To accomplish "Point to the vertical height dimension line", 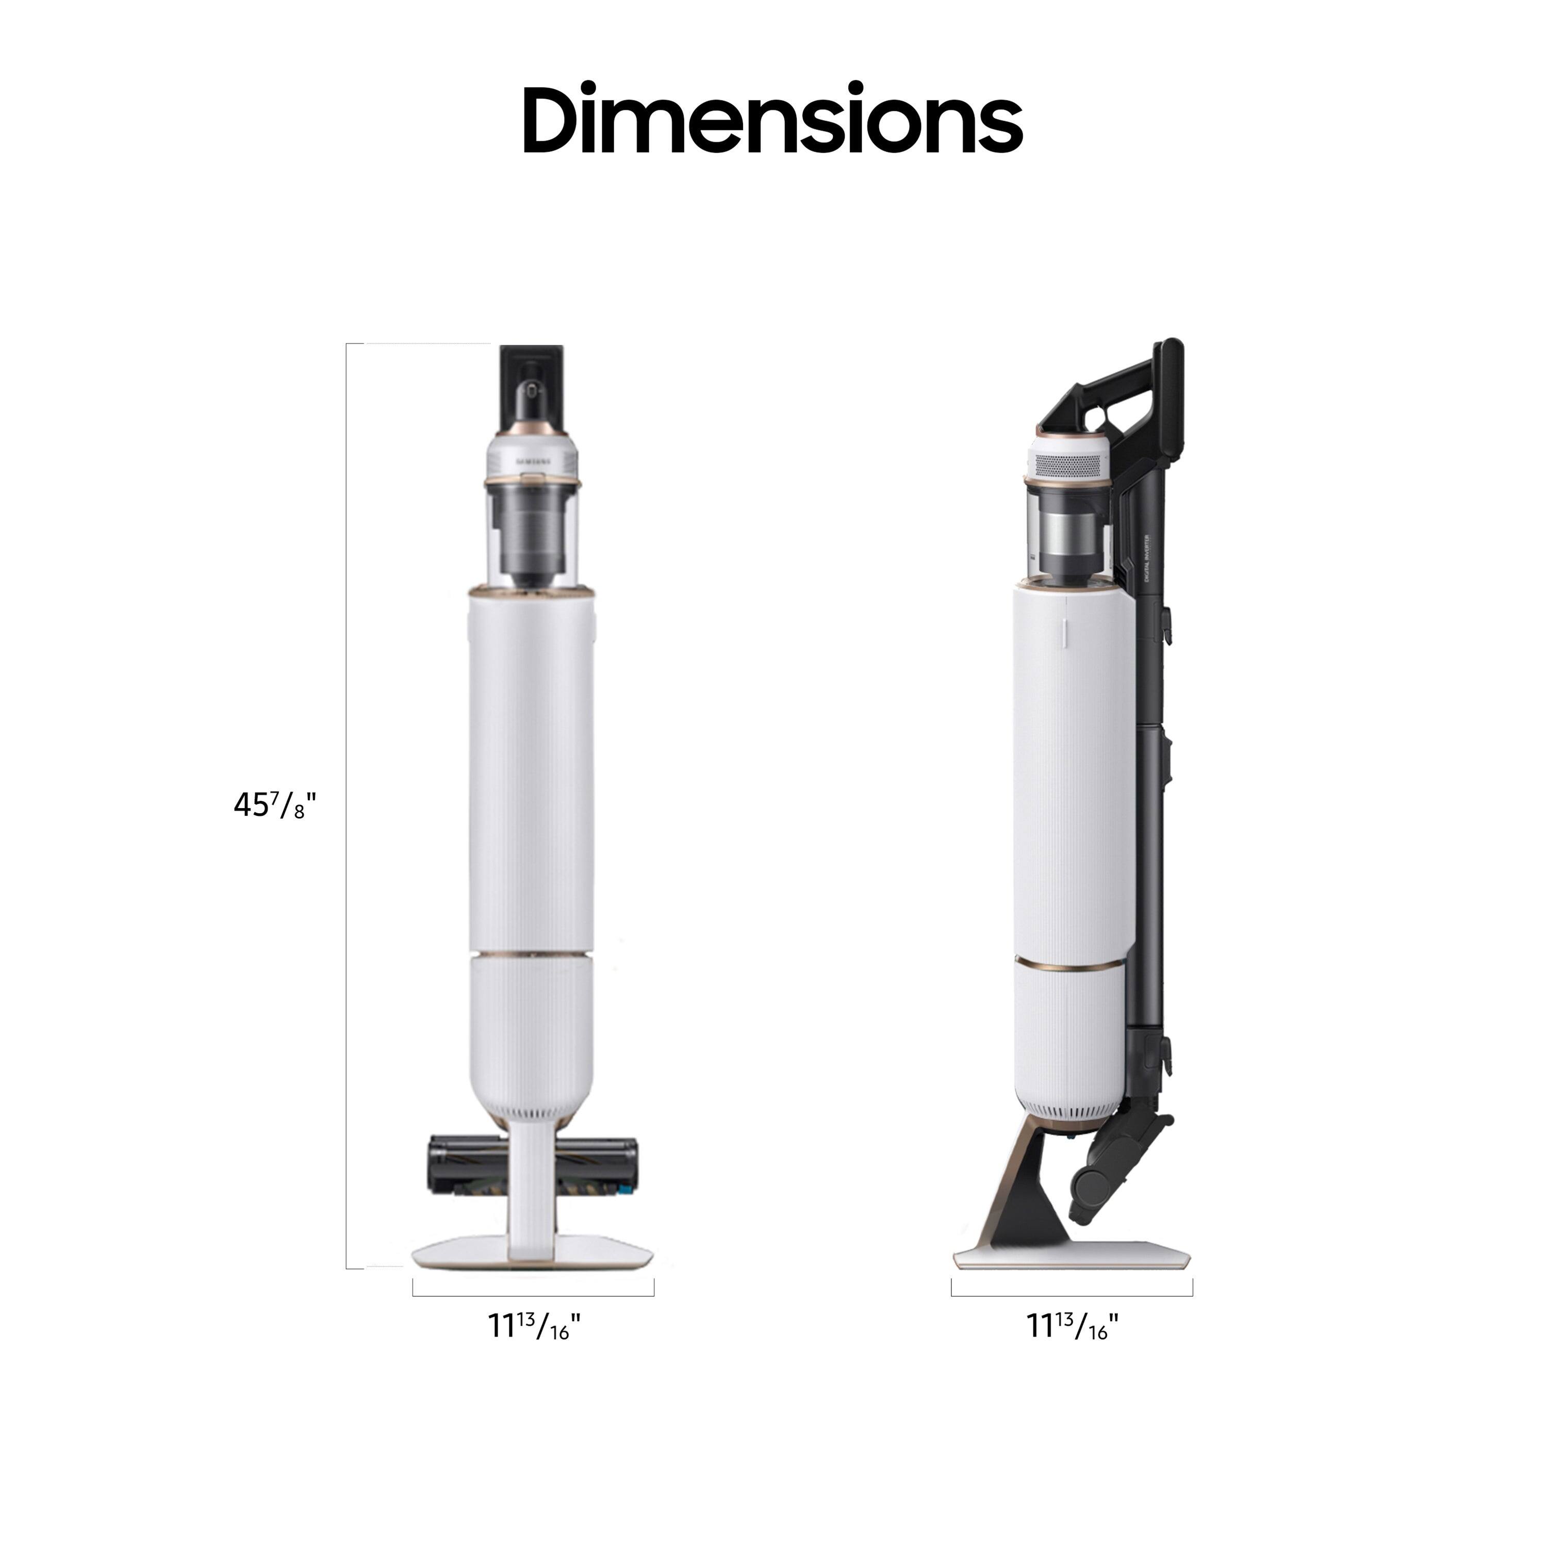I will tap(347, 801).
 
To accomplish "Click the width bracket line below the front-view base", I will tap(533, 1295).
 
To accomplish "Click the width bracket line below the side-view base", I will tap(1072, 1295).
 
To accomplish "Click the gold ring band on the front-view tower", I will tap(532, 954).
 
